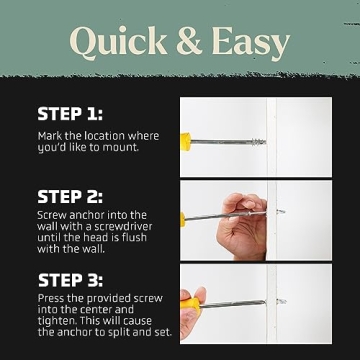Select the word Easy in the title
[249, 43]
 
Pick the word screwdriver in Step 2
[120, 226]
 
